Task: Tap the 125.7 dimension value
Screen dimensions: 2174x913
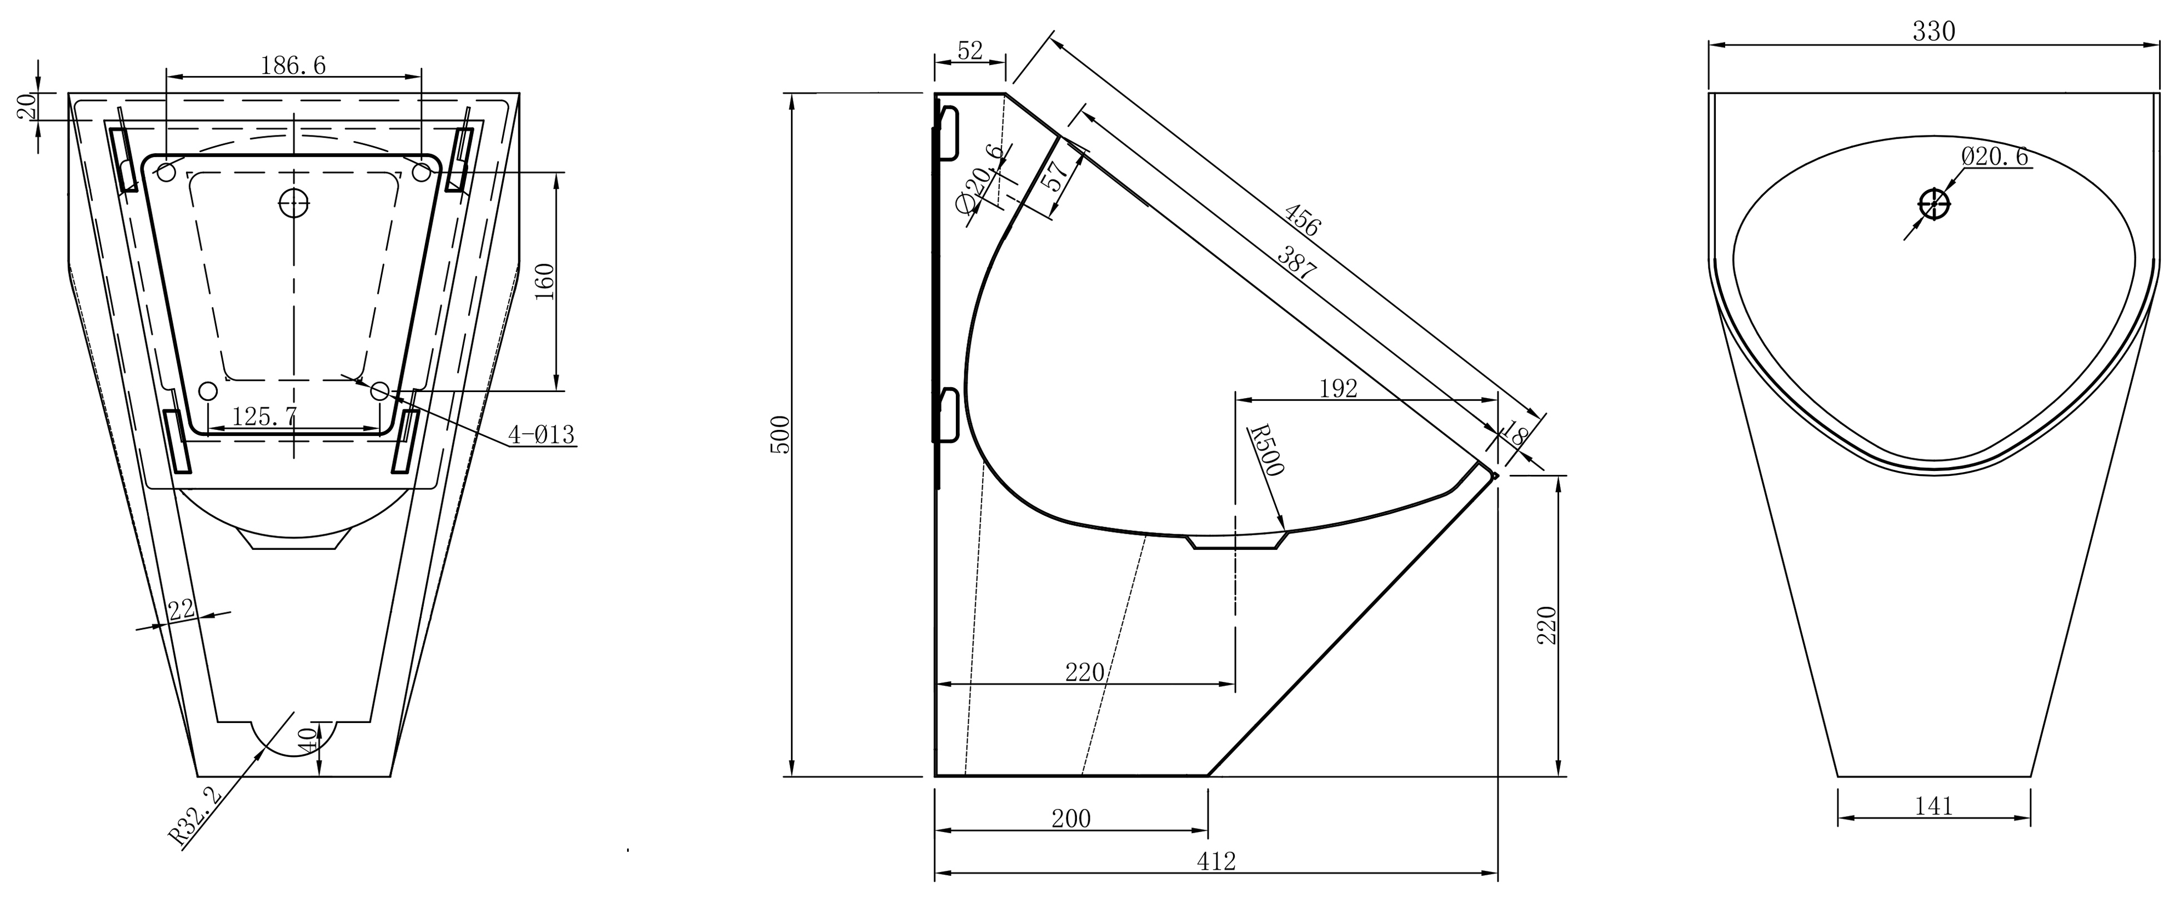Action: tap(265, 415)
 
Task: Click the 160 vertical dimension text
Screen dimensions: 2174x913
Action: tap(545, 281)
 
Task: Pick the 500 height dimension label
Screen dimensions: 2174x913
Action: tap(782, 434)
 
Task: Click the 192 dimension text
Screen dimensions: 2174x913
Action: tap(1339, 388)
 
